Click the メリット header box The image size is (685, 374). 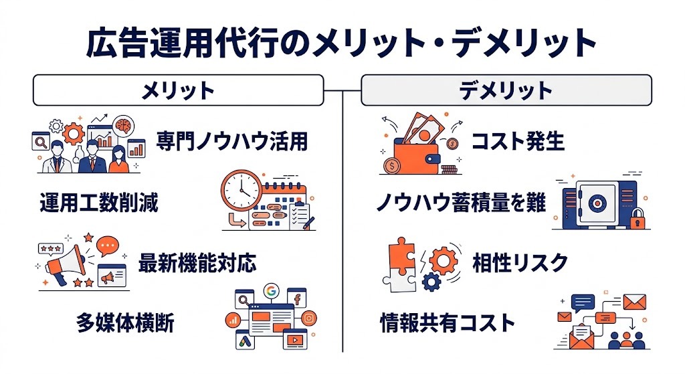pos(178,91)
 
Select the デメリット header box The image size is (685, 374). pos(506,91)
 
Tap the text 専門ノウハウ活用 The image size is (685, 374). pos(232,141)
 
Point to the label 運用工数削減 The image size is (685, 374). pos(99,202)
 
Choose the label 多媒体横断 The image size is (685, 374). pos(125,323)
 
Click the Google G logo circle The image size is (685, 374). pos(271,291)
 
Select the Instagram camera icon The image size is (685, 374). pos(308,318)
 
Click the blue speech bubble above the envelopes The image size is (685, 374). pos(583,302)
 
